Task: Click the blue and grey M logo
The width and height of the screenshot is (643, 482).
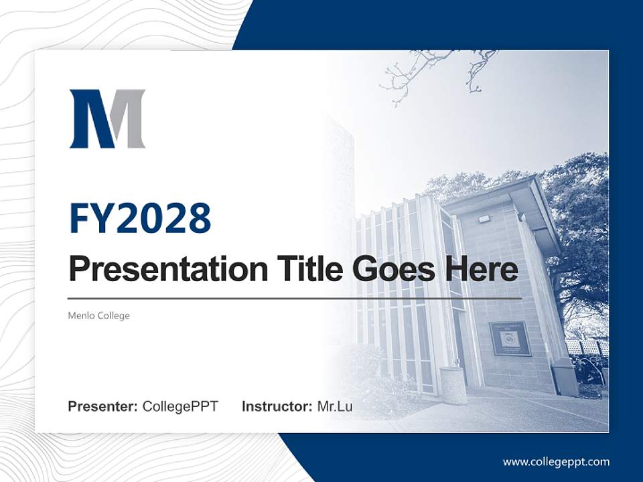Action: [107, 118]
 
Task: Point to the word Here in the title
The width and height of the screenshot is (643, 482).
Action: [480, 269]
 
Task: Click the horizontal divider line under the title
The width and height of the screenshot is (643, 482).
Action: [295, 298]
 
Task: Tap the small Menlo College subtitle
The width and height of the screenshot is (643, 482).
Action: [98, 315]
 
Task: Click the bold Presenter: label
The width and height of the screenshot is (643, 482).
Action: [103, 406]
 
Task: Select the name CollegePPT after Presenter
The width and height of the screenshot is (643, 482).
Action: [180, 406]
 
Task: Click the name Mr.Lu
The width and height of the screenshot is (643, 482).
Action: [335, 406]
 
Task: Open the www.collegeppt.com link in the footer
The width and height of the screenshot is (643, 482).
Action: [556, 461]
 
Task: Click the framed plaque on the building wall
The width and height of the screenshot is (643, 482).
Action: [510, 339]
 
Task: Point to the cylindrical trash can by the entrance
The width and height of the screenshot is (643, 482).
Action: [455, 385]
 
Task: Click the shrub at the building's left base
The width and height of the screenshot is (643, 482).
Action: [362, 365]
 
